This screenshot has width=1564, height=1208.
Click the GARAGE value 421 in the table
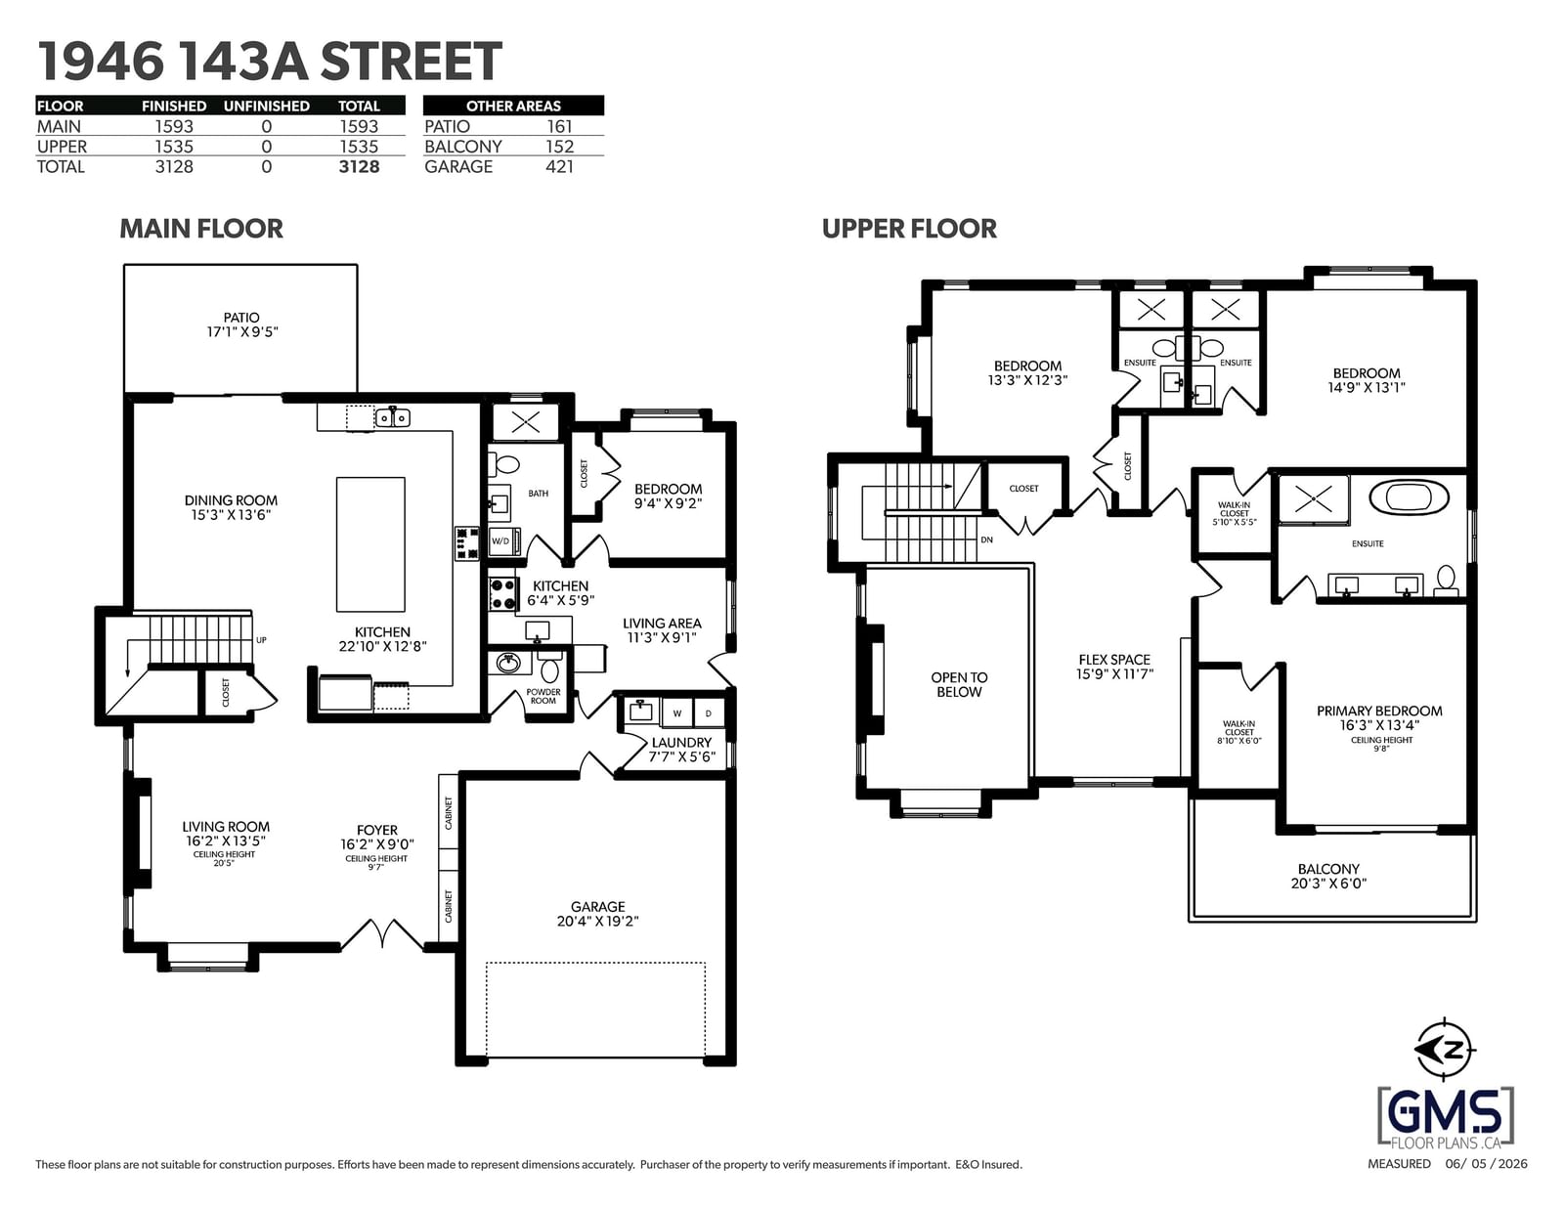point(559,167)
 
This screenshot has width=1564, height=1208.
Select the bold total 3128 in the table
point(359,167)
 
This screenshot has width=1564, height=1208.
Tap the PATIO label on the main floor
point(241,318)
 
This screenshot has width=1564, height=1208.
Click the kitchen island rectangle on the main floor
point(370,544)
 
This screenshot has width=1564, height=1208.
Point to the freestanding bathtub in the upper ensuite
point(1409,497)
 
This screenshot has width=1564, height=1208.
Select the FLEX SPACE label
point(1114,659)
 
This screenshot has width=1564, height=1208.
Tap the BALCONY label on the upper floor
point(1328,869)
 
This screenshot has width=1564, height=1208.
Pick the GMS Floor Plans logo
point(1446,1117)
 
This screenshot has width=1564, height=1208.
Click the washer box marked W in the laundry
point(677,713)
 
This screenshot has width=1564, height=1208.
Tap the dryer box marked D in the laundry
point(709,713)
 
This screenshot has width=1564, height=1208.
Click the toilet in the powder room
point(550,669)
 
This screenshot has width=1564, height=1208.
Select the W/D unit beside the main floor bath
point(503,540)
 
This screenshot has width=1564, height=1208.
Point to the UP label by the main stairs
point(261,639)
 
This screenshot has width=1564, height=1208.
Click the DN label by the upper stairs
point(986,539)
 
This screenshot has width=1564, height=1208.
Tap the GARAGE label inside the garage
point(597,907)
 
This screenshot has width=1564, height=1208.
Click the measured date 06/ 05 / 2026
point(1486,1163)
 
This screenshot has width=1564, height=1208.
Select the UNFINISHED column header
point(266,106)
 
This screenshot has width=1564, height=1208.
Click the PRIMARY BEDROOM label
point(1379,711)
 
